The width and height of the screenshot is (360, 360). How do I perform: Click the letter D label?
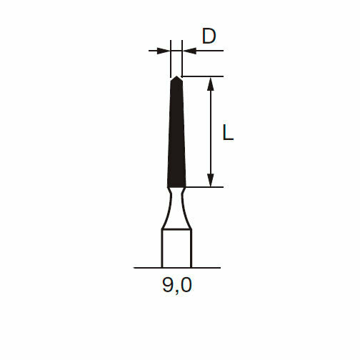click(x=209, y=36)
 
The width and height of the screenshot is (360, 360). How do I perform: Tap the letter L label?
click(x=228, y=132)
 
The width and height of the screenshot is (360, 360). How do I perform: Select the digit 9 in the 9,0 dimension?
click(x=168, y=285)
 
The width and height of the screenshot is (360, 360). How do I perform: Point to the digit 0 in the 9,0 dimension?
click(x=186, y=285)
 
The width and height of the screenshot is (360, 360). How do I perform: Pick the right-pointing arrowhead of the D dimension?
click(x=164, y=51)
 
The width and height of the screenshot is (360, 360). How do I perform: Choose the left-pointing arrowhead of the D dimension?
click(x=189, y=51)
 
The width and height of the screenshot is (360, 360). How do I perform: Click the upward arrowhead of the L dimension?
click(x=210, y=84)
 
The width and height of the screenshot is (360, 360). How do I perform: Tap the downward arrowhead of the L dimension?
click(x=210, y=180)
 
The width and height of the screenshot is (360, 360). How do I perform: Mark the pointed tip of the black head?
click(x=176, y=76)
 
